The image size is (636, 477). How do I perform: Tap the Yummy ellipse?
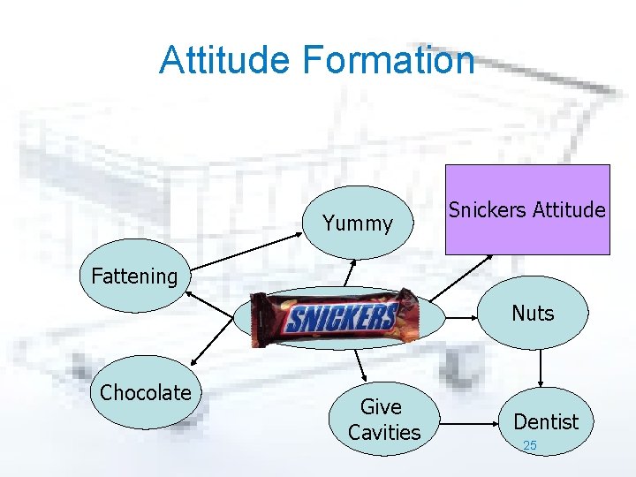pyautogui.click(x=358, y=223)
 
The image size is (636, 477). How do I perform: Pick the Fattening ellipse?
pyautogui.click(x=134, y=276)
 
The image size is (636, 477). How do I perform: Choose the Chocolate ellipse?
pyautogui.click(x=146, y=393)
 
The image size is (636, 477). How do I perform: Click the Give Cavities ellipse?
pyautogui.click(x=384, y=420)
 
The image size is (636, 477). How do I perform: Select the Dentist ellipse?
pyautogui.click(x=545, y=422)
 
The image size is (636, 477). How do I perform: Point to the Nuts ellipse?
pyautogui.click(x=533, y=314)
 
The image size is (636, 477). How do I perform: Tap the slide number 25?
pyautogui.click(x=529, y=446)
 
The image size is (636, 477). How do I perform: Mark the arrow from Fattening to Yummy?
pyautogui.click(x=242, y=248)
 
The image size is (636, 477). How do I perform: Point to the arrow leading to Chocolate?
pyautogui.click(x=216, y=344)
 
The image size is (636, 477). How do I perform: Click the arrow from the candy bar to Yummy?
pyautogui.click(x=351, y=273)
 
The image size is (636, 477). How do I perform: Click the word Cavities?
pyautogui.click(x=384, y=433)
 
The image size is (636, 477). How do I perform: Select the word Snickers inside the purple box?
pyautogui.click(x=485, y=210)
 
